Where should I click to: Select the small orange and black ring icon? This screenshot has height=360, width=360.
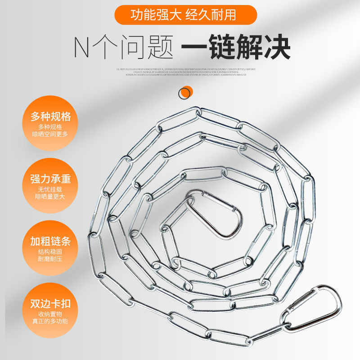(x=184, y=93)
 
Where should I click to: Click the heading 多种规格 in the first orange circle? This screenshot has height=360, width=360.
(x=51, y=117)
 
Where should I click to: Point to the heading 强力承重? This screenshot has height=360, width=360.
(x=51, y=179)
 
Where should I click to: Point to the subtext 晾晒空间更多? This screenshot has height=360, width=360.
(x=51, y=134)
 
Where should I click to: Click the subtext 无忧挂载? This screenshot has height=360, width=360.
(x=51, y=189)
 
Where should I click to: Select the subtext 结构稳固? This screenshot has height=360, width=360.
(x=51, y=252)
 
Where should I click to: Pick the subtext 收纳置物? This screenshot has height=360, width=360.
(x=51, y=314)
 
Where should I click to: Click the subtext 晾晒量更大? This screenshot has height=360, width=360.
(x=51, y=196)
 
